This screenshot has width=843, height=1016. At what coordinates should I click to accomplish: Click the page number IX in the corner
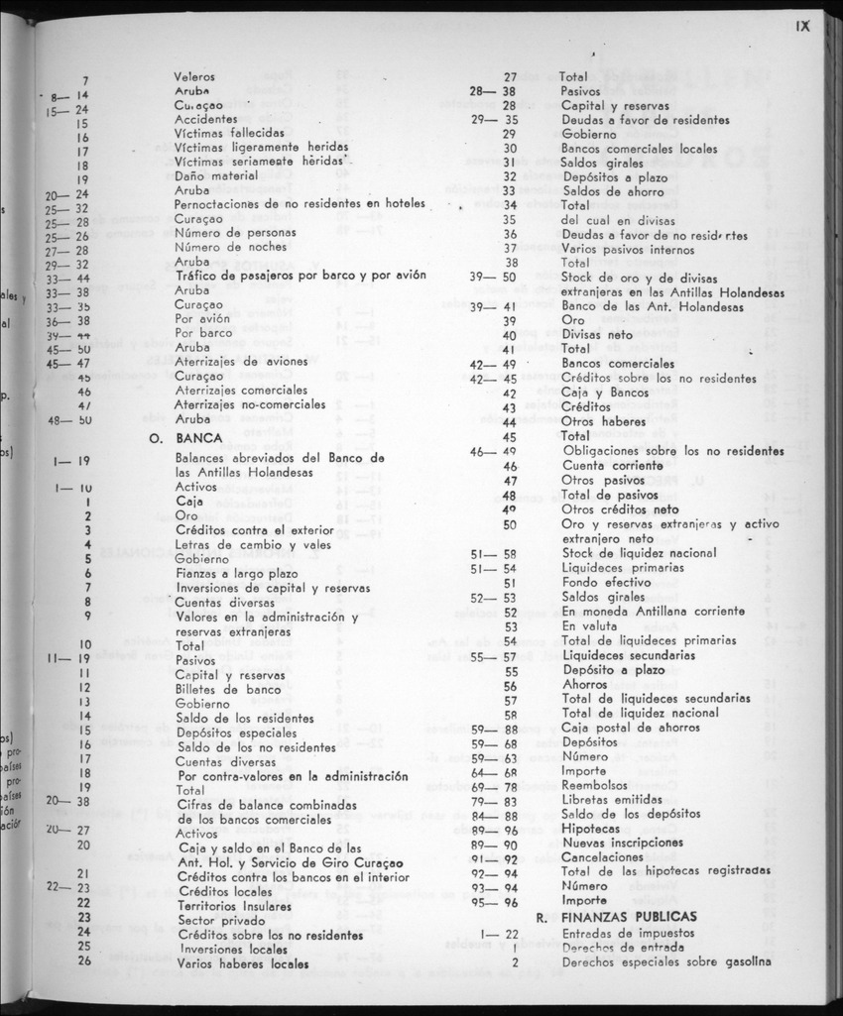(x=802, y=27)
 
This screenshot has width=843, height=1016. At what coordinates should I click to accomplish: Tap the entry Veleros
(x=194, y=76)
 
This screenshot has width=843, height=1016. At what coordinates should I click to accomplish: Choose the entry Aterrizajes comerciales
(x=241, y=391)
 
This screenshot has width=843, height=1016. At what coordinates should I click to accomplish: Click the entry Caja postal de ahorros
(x=629, y=727)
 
